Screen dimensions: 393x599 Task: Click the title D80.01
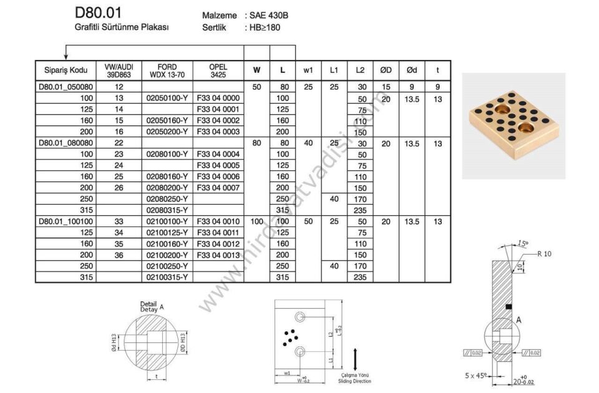tap(98, 12)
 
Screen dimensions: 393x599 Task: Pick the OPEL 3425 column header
tap(218, 70)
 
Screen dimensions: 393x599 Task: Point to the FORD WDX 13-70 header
tap(167, 70)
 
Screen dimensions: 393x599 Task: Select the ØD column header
tap(386, 70)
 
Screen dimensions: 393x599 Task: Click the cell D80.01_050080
tap(66, 87)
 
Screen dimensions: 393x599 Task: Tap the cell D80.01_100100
tap(66, 221)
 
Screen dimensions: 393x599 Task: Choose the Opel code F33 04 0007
tap(218, 188)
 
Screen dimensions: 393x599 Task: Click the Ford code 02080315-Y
tap(167, 210)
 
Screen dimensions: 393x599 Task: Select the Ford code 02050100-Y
tap(167, 98)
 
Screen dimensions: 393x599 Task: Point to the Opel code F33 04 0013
tap(218, 255)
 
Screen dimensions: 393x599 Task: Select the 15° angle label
tap(522, 243)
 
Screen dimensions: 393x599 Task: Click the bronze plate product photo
tap(513, 125)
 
